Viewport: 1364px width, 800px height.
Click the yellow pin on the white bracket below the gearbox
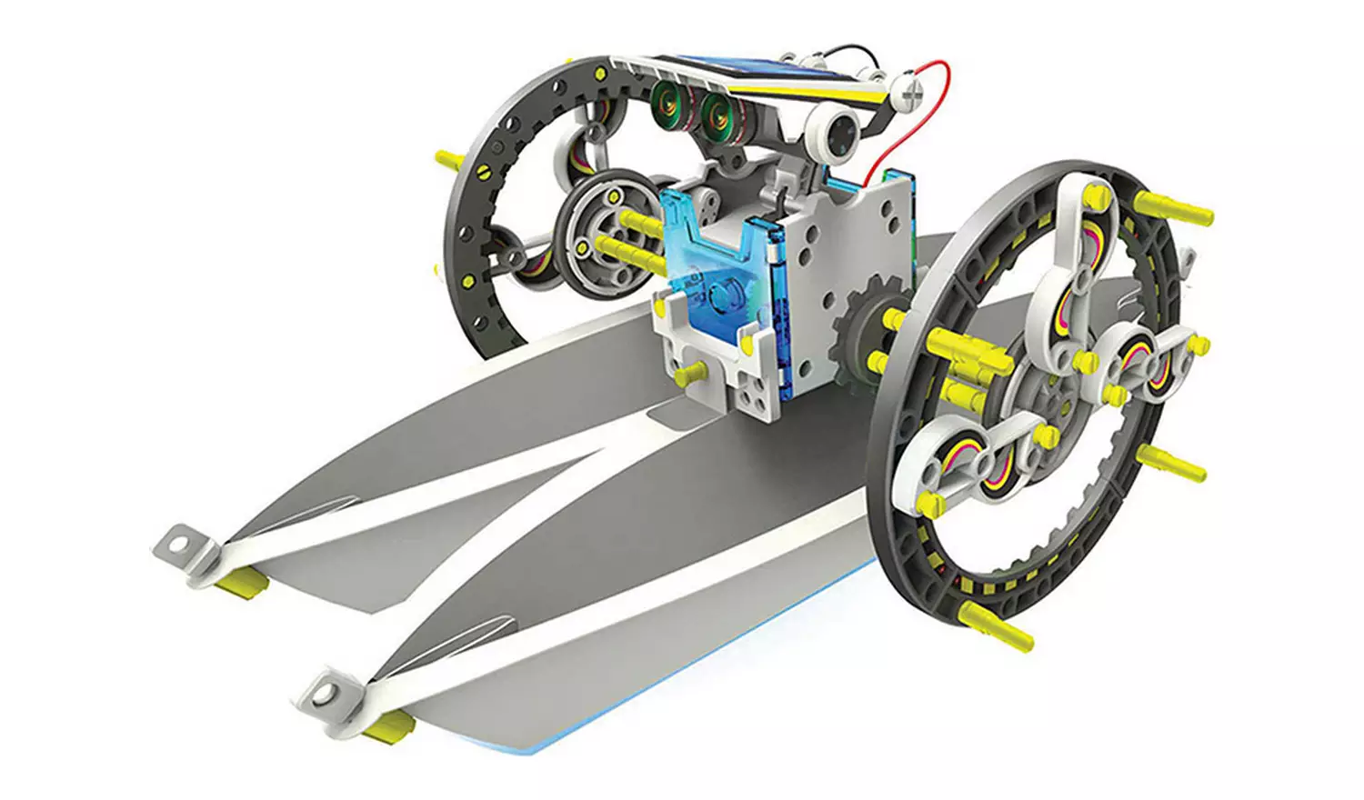click(691, 372)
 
